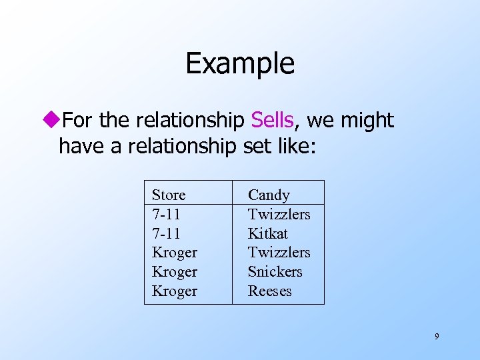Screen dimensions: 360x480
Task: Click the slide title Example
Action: coord(239,63)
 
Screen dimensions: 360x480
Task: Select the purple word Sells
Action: coord(272,121)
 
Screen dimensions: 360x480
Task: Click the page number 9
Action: coord(437,337)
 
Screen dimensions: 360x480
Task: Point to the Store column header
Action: coord(169,195)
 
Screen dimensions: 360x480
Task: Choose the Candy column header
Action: coord(269,195)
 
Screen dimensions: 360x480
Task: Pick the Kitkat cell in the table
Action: coord(267,233)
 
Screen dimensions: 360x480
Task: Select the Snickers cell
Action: coord(275,272)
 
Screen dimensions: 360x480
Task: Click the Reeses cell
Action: coord(269,291)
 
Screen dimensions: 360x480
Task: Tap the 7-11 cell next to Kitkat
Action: coord(166,233)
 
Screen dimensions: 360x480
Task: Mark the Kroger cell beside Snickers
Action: coord(174,272)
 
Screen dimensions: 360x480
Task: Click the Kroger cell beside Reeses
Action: coord(174,291)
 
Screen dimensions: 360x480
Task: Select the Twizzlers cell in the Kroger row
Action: coord(279,253)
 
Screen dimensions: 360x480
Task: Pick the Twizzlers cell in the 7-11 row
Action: coord(279,215)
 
